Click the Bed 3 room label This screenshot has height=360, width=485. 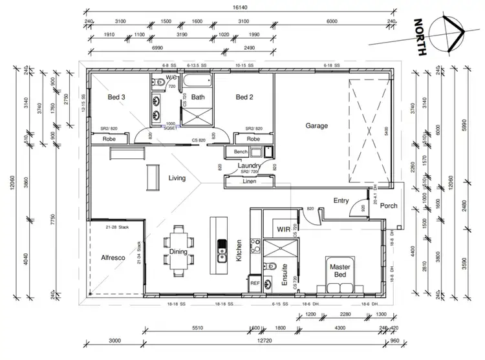tap(116, 98)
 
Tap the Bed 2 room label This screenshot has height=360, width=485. tap(244, 98)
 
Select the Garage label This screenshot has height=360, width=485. tap(317, 126)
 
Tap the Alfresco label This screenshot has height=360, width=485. tap(113, 258)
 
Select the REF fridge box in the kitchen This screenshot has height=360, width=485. tap(254, 283)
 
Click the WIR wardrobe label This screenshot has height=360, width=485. tap(282, 229)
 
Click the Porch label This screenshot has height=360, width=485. tap(389, 207)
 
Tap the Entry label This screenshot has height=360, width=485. tap(341, 201)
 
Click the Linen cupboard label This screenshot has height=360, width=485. tap(249, 180)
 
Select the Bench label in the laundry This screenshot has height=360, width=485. tap(241, 152)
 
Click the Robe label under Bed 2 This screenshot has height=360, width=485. tap(253, 138)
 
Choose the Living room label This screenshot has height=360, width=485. tap(177, 178)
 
